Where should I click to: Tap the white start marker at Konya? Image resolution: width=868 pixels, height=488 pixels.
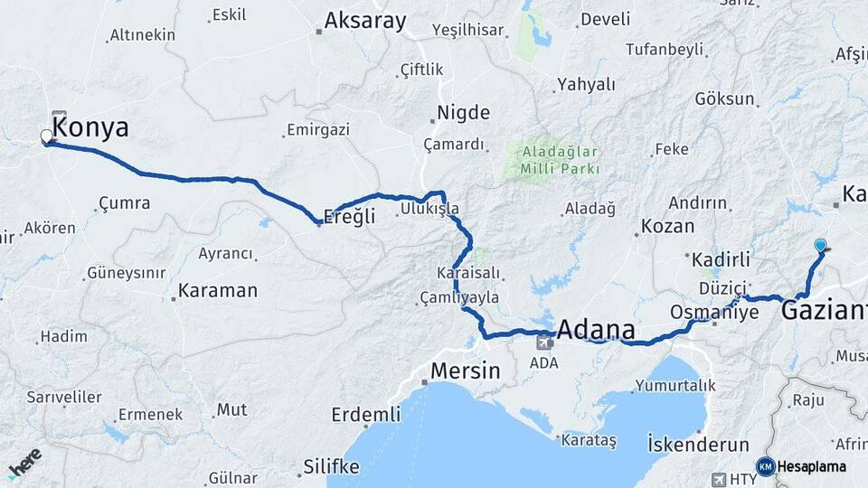coord(47,136)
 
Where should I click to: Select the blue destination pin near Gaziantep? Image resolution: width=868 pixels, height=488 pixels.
coord(820,245)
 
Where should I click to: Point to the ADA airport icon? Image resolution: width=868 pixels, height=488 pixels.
coord(544,343)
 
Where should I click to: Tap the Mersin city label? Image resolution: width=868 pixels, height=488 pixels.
coord(465,370)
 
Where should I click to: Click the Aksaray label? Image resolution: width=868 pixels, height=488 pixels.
coord(365,21)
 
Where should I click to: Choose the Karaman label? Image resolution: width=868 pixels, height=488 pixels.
coord(218,291)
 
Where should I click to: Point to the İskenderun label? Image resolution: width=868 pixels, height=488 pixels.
coord(698,445)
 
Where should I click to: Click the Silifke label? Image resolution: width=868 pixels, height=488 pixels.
coord(330,467)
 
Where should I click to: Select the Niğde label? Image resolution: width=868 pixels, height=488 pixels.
coord(463,113)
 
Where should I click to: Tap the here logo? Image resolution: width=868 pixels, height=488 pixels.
coord(24,463)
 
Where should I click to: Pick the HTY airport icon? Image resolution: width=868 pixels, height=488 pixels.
coord(720,478)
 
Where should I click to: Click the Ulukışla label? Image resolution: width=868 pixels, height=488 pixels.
coord(429,210)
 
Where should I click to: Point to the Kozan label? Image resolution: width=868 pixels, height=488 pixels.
coord(667,226)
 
